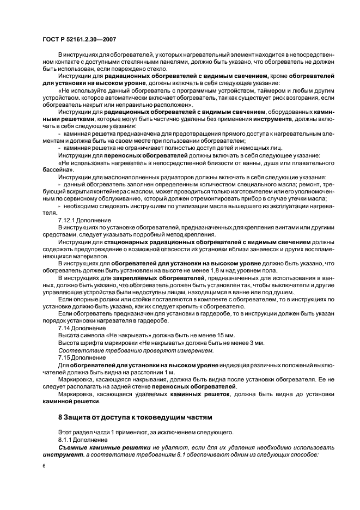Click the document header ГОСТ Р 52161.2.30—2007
click(x=78, y=40)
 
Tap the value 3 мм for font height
click(x=256, y=343)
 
